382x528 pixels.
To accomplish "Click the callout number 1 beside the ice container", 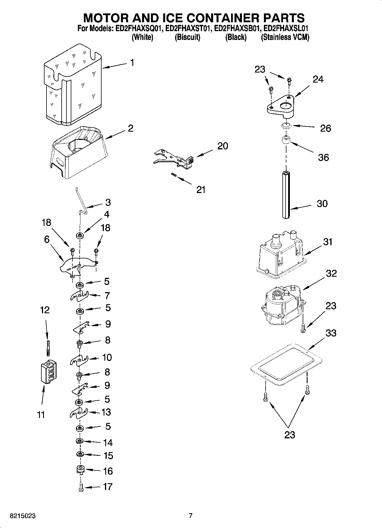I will click(x=132, y=63).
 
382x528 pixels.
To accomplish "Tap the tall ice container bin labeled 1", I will click(x=73, y=86).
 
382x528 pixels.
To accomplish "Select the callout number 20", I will click(x=223, y=146).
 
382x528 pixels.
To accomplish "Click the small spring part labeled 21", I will click(x=173, y=175).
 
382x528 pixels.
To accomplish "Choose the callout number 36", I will click(x=323, y=157).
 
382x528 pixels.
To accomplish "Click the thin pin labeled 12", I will click(x=48, y=347).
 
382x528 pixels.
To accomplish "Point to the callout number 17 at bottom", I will click(x=108, y=486).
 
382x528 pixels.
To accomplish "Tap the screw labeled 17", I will click(x=80, y=487).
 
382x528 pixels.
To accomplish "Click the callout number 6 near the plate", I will click(x=47, y=239).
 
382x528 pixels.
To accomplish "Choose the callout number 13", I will click(x=106, y=412).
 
